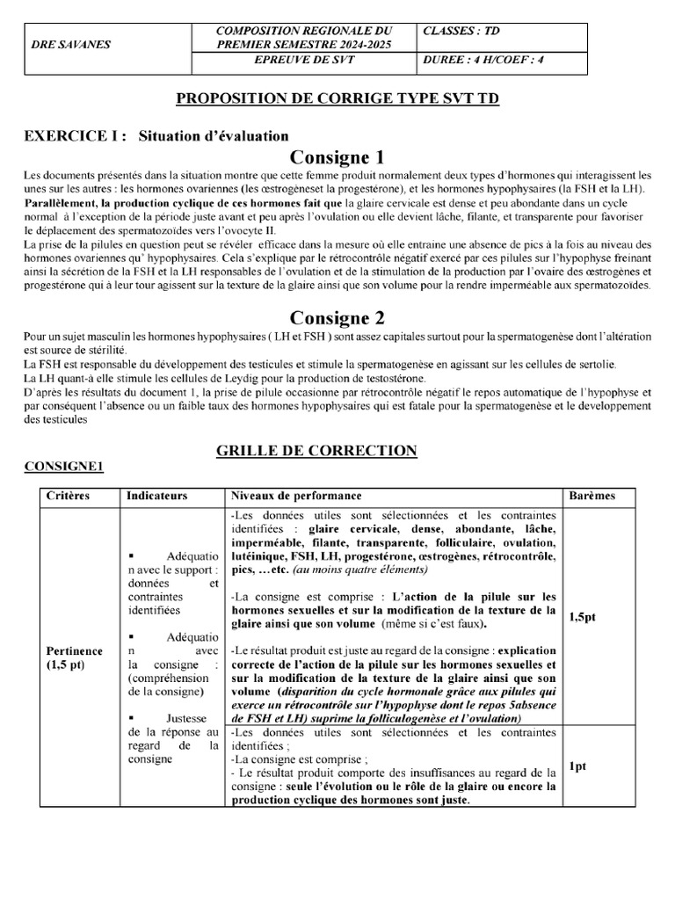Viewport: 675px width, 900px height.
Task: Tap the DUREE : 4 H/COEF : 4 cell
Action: point(488,60)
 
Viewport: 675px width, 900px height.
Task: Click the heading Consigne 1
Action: point(337,158)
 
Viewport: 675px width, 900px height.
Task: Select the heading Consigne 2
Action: point(337,317)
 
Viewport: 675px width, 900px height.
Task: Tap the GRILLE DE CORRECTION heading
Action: point(316,451)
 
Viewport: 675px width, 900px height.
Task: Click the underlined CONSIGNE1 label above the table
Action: point(63,467)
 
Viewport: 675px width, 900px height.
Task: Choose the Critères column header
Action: point(68,496)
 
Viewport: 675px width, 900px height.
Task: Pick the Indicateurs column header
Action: point(157,496)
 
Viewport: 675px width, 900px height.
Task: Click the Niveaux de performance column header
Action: point(294,496)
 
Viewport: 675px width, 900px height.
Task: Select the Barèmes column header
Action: point(592,496)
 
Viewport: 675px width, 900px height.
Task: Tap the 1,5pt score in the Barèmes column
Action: point(582,617)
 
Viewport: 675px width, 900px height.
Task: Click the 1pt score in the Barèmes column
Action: point(577,766)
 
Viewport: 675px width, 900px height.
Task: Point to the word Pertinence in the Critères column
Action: point(75,651)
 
